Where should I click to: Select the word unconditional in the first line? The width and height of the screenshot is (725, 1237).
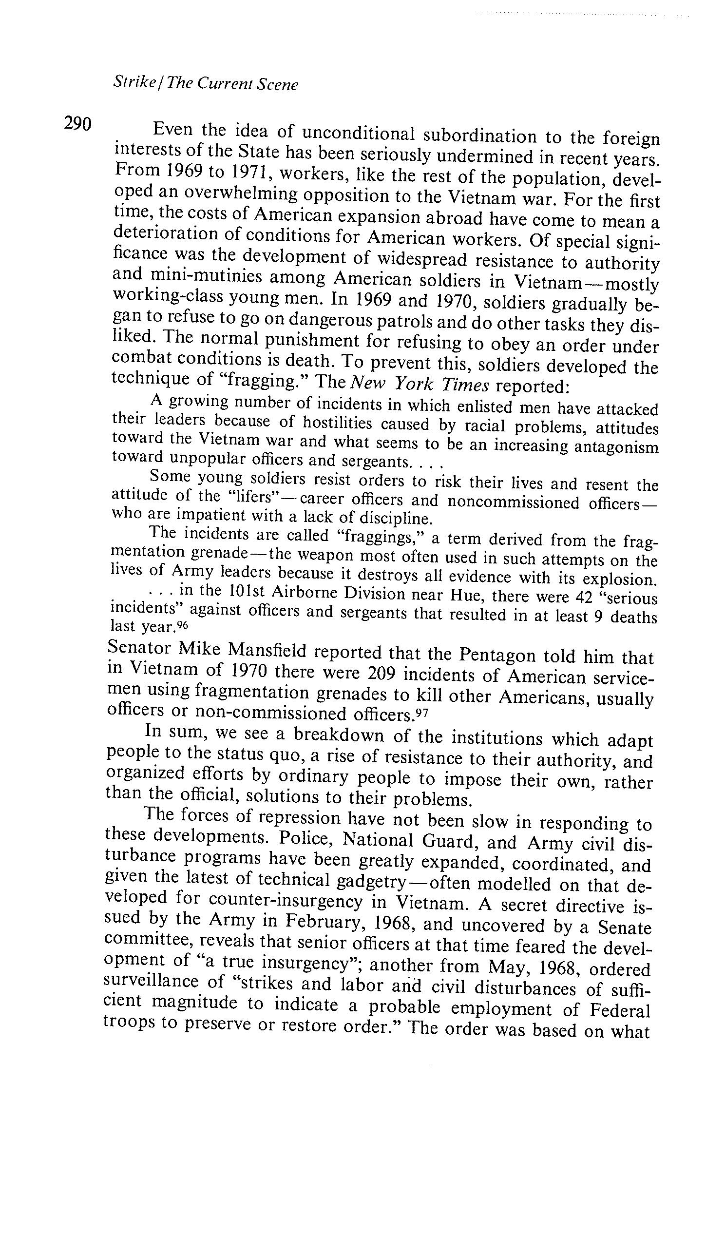[x=358, y=133]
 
